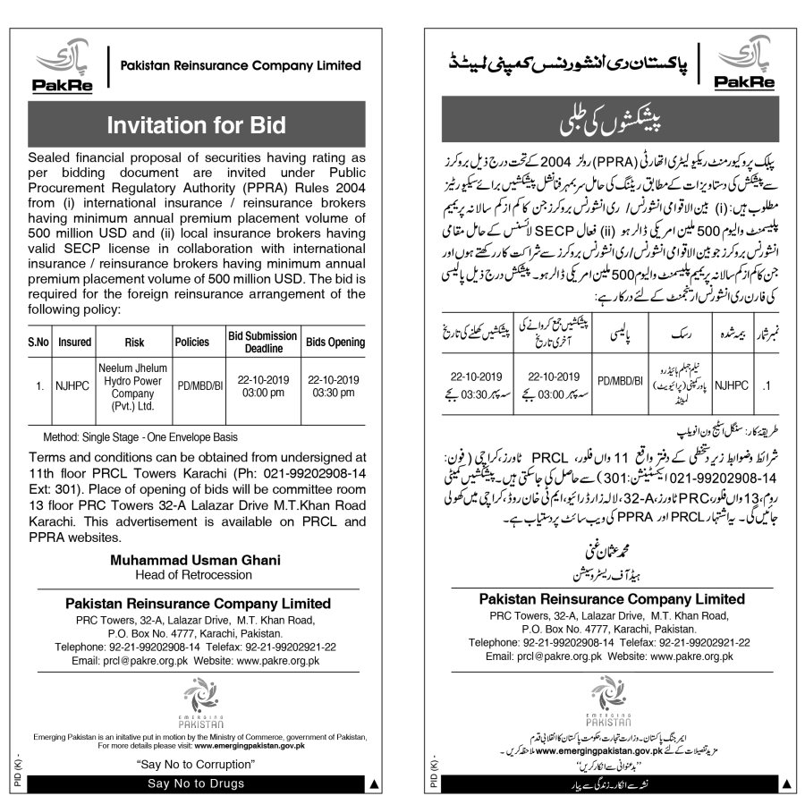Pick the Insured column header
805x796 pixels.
point(74,342)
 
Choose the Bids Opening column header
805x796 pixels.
point(335,342)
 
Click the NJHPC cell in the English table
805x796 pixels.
point(74,390)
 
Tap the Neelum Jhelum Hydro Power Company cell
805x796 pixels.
point(128,390)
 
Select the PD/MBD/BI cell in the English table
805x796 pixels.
point(192,390)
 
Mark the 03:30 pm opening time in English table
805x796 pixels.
point(335,397)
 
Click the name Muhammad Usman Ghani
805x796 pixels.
point(195,560)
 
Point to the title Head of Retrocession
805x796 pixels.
point(195,574)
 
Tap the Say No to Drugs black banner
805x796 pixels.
point(195,784)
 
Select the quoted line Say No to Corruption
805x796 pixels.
point(195,765)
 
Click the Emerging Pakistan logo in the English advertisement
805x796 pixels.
point(195,702)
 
